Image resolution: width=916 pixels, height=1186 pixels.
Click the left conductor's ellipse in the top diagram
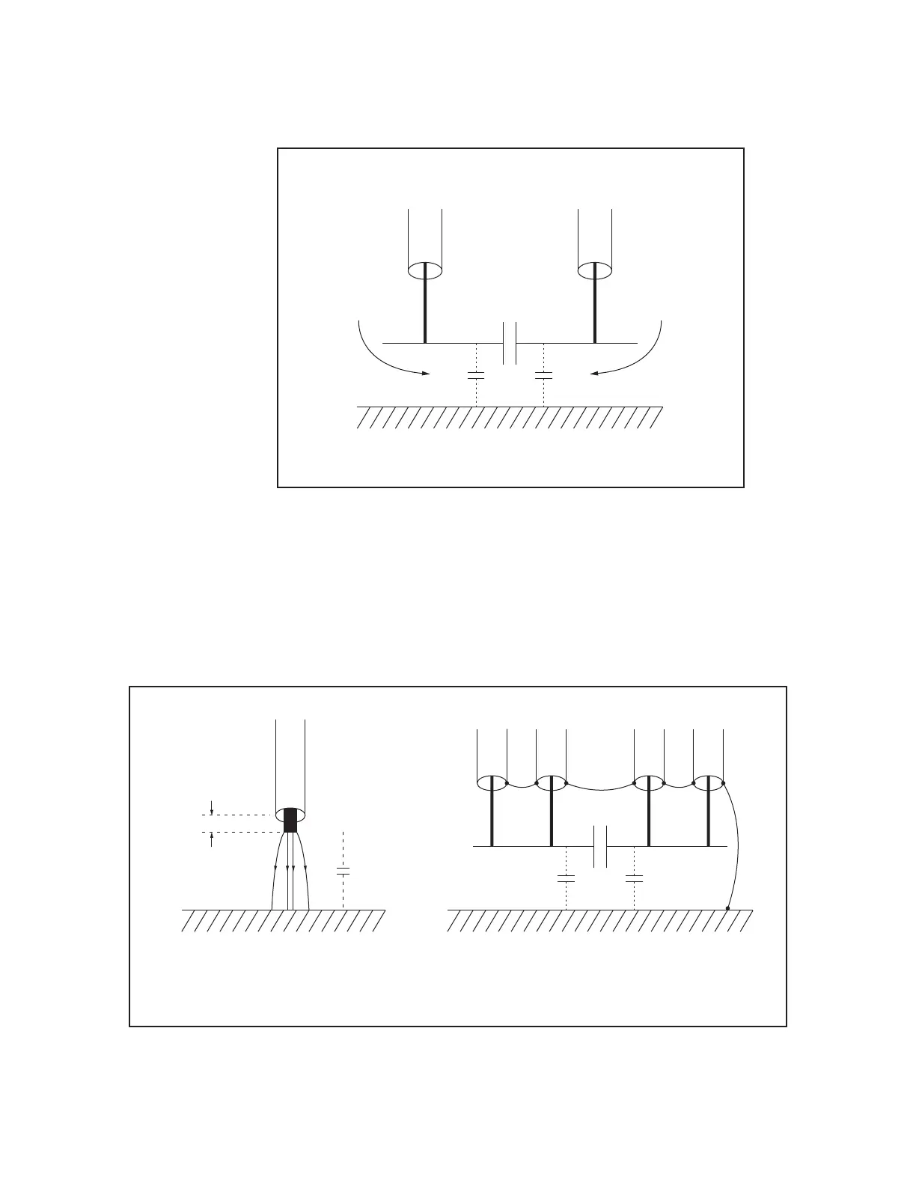click(x=425, y=269)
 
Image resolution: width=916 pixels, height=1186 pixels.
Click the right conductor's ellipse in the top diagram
click(x=596, y=269)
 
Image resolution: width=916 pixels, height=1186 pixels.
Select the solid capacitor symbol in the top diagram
click(x=510, y=343)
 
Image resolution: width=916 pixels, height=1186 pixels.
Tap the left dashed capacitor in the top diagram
click(x=477, y=374)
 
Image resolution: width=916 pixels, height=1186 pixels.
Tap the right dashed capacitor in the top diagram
click(x=543, y=374)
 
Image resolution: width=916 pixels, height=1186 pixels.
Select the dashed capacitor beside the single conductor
click(x=343, y=872)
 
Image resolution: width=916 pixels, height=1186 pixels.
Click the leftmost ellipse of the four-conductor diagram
click(x=492, y=784)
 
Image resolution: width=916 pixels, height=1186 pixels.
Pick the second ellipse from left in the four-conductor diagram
click(x=551, y=784)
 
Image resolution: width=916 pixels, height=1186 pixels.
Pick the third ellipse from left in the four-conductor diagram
click(x=649, y=784)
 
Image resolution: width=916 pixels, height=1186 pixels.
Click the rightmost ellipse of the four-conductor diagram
click(x=709, y=784)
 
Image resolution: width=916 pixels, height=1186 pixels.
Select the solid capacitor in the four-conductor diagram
click(x=599, y=846)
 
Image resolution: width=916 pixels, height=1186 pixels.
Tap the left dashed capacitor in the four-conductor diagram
click(x=567, y=877)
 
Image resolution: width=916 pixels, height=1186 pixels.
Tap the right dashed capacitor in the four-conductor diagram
click(x=635, y=877)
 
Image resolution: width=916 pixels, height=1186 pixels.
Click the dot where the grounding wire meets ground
click(x=728, y=908)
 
